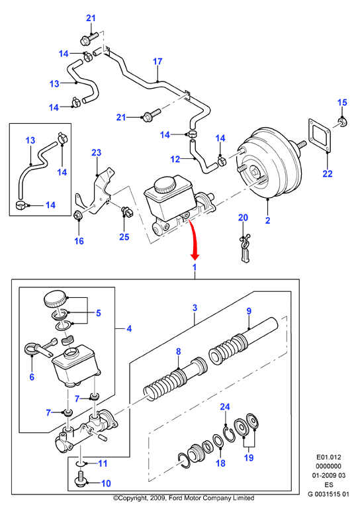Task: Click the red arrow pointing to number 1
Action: (193, 240)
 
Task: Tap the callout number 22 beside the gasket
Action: (328, 173)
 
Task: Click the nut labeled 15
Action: (342, 122)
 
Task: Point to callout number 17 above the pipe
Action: (157, 62)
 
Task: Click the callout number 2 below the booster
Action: (267, 220)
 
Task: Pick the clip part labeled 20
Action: (245, 248)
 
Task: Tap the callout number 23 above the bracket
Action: (97, 152)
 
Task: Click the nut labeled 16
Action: (78, 215)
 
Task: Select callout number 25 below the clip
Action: (124, 236)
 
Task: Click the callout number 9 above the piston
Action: (249, 311)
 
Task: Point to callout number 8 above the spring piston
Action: (178, 351)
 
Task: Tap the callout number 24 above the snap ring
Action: (225, 406)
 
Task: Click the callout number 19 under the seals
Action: (249, 457)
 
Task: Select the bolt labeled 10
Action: (80, 479)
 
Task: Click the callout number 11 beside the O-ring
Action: (103, 463)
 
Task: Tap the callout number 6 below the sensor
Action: (32, 377)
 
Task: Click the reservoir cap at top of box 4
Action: (55, 299)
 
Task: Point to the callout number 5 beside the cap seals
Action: (99, 313)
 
